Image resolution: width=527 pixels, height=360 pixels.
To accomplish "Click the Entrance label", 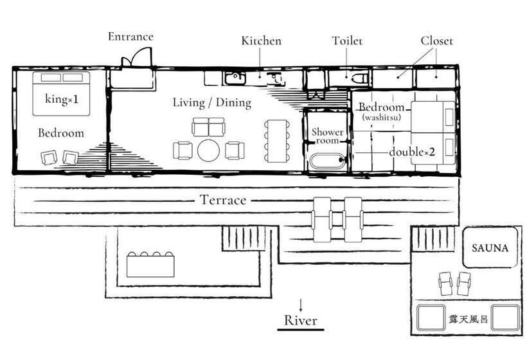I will (x=130, y=37).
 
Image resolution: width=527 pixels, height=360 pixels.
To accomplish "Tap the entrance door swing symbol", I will (x=136, y=59).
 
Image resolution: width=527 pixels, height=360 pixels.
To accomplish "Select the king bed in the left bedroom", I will (x=62, y=94).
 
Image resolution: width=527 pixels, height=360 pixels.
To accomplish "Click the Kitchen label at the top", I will (x=261, y=41).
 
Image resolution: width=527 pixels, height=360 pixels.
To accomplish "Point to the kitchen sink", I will (x=234, y=78).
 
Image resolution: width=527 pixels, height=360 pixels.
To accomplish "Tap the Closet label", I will (x=436, y=41).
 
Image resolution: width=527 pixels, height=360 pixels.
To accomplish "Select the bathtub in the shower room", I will (x=326, y=161).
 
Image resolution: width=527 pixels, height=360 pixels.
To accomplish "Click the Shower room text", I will (x=327, y=136).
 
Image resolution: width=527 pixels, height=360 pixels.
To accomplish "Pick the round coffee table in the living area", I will (x=209, y=150).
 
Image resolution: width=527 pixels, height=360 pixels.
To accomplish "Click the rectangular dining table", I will (x=277, y=141).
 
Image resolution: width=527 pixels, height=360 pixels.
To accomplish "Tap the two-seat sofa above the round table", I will (x=209, y=127).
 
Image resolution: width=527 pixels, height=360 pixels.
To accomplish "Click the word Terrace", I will (x=222, y=201).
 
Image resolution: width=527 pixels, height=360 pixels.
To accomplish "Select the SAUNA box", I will (x=490, y=248).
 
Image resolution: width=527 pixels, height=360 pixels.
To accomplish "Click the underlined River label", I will (x=301, y=320).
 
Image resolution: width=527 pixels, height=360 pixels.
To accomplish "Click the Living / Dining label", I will (x=211, y=103).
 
